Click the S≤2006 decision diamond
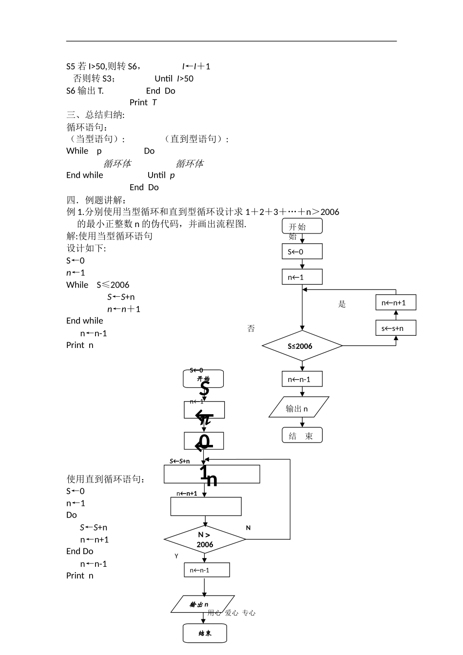(x=302, y=346)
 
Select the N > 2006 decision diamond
(x=205, y=539)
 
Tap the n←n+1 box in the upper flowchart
(x=396, y=303)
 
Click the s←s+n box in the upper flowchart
(x=396, y=328)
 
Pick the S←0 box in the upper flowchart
(x=302, y=251)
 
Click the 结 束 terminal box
(x=302, y=435)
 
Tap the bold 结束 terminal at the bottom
(x=205, y=633)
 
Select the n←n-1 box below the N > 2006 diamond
(x=207, y=570)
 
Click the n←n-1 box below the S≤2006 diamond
(x=302, y=379)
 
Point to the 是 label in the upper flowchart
(x=342, y=304)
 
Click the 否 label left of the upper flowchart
(x=251, y=328)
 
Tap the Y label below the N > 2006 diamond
(x=176, y=556)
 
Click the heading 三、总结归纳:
(x=96, y=115)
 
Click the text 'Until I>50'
(x=174, y=78)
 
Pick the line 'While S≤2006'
(x=97, y=285)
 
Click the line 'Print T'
(x=143, y=102)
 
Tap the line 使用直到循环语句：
(x=106, y=479)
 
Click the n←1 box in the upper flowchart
(x=302, y=277)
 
